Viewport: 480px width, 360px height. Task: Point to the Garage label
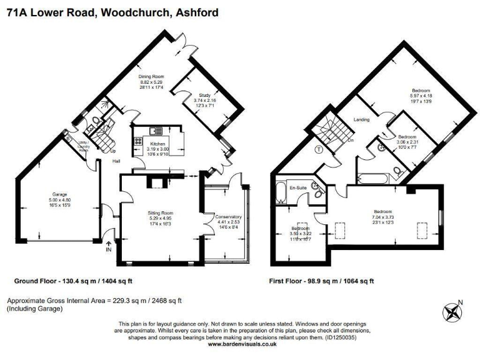tap(59, 194)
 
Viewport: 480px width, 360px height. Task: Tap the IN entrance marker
tap(109, 249)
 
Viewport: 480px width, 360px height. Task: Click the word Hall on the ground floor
tap(116, 161)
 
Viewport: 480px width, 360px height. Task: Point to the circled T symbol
tap(318, 149)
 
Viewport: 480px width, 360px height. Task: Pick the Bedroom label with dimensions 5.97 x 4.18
tap(421, 91)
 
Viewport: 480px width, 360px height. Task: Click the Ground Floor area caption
tap(65, 282)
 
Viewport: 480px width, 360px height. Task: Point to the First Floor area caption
tap(321, 282)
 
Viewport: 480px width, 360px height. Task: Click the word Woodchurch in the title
tap(132, 8)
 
